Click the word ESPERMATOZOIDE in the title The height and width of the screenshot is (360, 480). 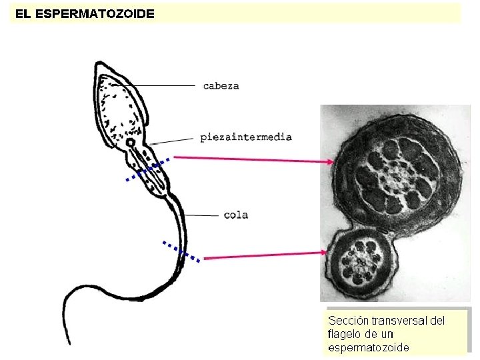pos(94,13)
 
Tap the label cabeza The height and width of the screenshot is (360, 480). pos(221,85)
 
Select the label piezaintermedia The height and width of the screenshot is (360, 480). pos(246,137)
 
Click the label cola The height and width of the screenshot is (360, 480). pos(236,215)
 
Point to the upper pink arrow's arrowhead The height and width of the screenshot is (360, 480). pos(331,161)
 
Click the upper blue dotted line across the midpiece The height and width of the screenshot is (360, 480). pos(148,170)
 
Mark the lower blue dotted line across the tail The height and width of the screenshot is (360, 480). pos(181,251)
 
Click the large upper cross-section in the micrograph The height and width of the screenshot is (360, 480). pos(397,176)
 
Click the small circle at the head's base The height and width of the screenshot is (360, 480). pos(131,142)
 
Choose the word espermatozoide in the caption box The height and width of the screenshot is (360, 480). pos(368,347)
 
